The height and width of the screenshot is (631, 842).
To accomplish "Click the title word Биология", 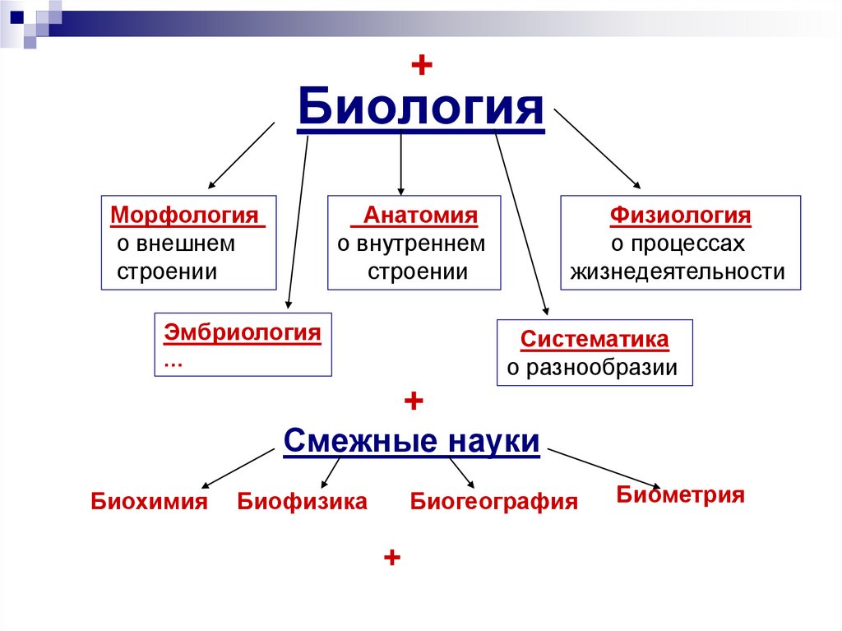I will click(x=420, y=108).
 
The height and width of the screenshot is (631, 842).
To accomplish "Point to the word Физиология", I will click(x=680, y=216).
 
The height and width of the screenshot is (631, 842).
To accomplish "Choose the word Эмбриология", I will click(x=243, y=333).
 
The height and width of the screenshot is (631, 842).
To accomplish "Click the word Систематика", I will click(x=594, y=340).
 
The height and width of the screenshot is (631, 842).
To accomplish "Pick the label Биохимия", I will click(x=149, y=501).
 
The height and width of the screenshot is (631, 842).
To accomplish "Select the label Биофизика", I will click(x=302, y=501).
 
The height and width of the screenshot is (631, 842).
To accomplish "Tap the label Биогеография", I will click(x=494, y=502).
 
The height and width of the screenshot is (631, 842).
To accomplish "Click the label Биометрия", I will click(x=680, y=494).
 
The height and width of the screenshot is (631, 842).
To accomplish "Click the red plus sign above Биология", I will click(x=421, y=67).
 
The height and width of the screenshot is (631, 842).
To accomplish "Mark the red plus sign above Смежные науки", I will click(x=413, y=402).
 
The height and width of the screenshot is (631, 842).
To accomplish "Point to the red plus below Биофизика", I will click(x=391, y=558).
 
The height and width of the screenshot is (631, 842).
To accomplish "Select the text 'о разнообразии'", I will click(x=592, y=368).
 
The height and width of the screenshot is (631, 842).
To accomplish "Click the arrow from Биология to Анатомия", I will click(x=400, y=165).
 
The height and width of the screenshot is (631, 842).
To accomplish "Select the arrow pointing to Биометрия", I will click(x=604, y=468).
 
